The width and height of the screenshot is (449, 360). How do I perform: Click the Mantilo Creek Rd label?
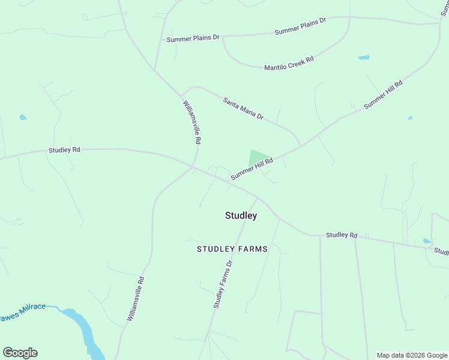[x=289, y=63]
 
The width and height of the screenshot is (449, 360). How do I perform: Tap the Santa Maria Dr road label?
[x=243, y=109]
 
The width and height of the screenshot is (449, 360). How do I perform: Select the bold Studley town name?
[x=241, y=215]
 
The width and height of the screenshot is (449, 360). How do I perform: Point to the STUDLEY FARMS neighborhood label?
[x=232, y=248]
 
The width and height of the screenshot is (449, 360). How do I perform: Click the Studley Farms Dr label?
[x=222, y=284]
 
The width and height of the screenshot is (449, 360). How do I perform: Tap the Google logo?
[x=20, y=353]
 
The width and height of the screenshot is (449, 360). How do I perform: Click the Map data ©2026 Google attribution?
[x=412, y=355]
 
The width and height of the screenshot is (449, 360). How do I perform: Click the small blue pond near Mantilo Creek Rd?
[x=364, y=58]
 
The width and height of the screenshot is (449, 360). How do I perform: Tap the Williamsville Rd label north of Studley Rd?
[x=191, y=122]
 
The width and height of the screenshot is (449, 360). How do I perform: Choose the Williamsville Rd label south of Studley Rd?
[x=136, y=298]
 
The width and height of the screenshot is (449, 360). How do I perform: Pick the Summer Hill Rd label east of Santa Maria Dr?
[x=383, y=94]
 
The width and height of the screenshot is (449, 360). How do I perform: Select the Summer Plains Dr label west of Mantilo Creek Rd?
[x=193, y=38]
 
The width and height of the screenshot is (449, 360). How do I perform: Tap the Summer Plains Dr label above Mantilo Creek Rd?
[x=300, y=26]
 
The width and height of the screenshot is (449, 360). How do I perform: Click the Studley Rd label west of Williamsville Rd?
[x=64, y=150]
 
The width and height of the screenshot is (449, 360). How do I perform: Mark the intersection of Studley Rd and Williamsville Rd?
[x=193, y=167]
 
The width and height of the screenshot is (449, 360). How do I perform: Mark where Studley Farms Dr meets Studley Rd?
[x=258, y=197]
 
